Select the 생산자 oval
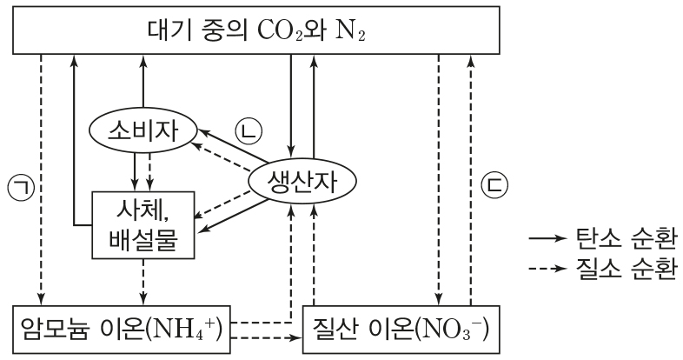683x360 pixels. pos(303,181)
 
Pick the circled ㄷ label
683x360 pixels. pos(493,185)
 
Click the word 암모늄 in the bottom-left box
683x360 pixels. pos(59,329)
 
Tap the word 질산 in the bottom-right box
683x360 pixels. pos(342,329)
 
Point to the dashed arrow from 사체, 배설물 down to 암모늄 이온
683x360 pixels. pos(142,282)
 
